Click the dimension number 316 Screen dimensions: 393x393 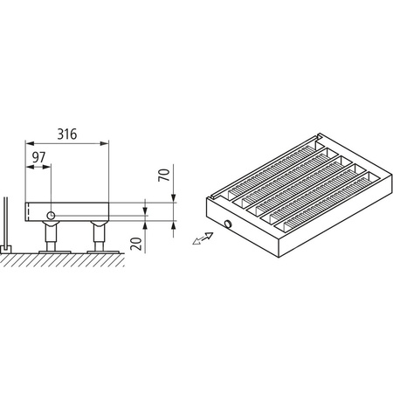[67, 134]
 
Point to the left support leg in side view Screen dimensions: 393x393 [52, 236]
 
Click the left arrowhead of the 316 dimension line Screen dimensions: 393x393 [29, 144]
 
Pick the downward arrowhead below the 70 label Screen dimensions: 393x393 [174, 198]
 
